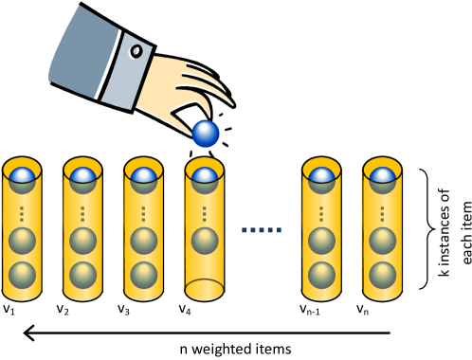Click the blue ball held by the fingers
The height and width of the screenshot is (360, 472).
[x=206, y=134]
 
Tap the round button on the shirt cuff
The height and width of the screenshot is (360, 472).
[x=136, y=50]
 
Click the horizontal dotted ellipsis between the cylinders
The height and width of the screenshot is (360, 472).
[x=262, y=229]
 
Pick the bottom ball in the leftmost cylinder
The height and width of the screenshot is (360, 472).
[x=22, y=275]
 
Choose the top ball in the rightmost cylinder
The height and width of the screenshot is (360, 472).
[x=382, y=178]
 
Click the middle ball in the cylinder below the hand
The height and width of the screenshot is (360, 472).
[x=205, y=241]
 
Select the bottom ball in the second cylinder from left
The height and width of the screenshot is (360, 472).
[x=82, y=275]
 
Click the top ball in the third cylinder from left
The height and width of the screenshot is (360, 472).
[x=143, y=178]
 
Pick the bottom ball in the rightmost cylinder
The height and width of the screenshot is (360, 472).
[x=382, y=275]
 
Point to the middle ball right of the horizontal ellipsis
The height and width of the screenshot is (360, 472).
[x=321, y=241]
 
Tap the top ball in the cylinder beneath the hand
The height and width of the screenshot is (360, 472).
[x=205, y=178]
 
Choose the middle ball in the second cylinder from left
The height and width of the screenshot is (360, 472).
[x=82, y=241]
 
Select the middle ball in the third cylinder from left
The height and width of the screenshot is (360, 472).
[x=143, y=241]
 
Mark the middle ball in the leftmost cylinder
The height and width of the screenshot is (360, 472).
[x=22, y=241]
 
